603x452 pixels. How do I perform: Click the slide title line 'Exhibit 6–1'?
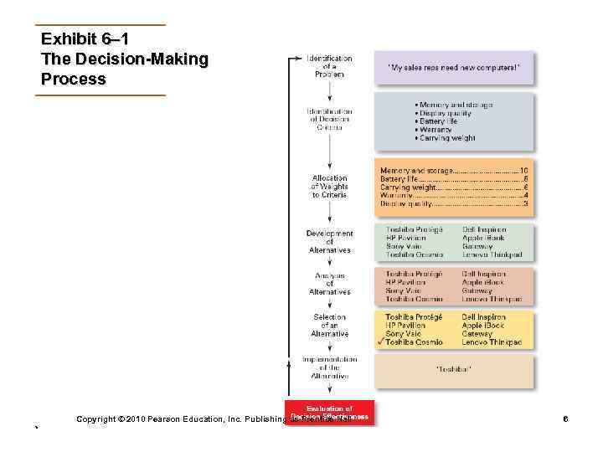(84, 39)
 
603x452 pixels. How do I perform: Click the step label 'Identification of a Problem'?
(329, 66)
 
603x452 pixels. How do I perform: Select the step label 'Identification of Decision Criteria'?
(329, 119)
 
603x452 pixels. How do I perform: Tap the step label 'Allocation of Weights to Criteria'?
(329, 186)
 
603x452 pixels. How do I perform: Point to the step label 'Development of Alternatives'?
(329, 241)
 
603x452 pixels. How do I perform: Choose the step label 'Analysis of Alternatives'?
(329, 284)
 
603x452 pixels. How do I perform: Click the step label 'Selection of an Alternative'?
(329, 326)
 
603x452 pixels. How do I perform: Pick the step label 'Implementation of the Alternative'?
(329, 367)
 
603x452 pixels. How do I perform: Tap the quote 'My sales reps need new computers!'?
(453, 66)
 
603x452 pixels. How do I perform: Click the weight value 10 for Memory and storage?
(523, 171)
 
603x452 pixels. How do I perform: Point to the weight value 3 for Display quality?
(525, 203)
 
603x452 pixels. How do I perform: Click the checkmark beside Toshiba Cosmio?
(381, 343)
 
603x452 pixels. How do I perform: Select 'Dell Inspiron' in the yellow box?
(483, 317)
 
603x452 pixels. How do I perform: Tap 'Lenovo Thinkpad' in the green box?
(492, 254)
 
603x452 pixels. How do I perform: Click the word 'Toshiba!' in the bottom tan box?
(453, 368)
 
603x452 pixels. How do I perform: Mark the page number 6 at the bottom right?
(566, 417)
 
